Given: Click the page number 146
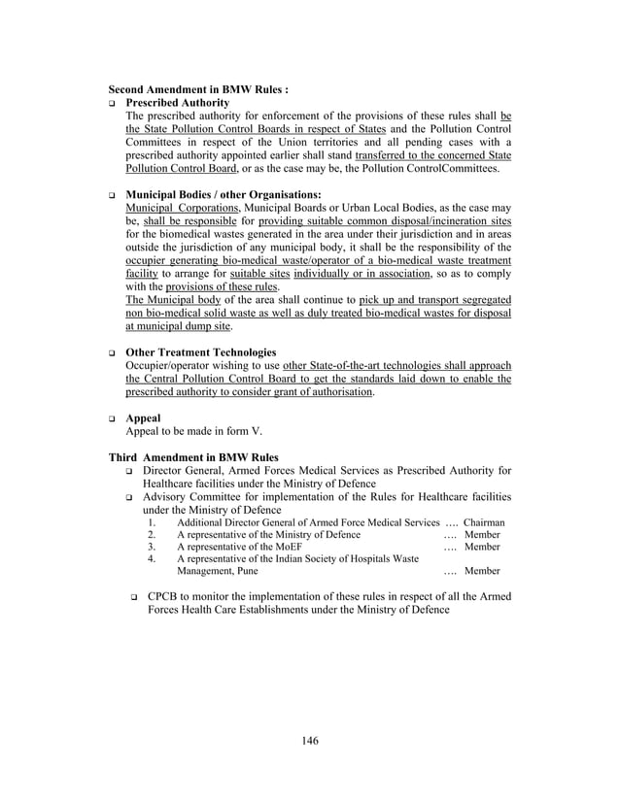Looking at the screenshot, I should [309, 742].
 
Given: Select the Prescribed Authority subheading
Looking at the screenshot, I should [178, 102].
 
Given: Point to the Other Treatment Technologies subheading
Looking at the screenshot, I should [201, 351].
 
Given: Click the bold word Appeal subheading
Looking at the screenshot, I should [144, 418].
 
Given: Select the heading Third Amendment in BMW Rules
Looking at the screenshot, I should [193, 457].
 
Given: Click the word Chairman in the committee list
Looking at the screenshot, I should [484, 522].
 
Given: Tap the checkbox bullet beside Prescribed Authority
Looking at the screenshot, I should [114, 103].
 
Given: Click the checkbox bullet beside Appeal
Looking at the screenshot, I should [114, 418].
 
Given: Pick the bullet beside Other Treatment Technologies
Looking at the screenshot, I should [114, 352].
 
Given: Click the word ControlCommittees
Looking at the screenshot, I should [455, 168].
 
